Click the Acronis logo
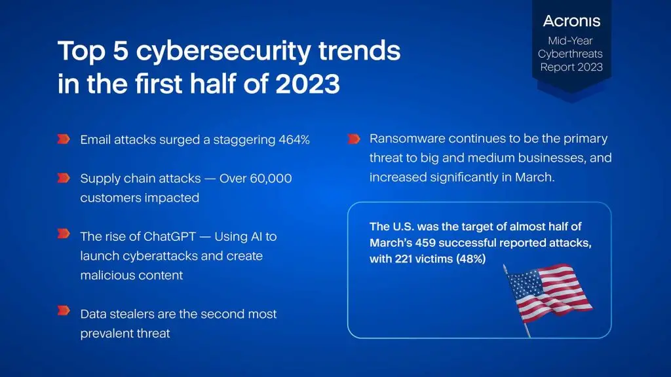click(x=571, y=21)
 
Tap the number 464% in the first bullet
click(x=294, y=140)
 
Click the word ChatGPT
click(x=170, y=236)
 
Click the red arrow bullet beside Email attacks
click(x=64, y=139)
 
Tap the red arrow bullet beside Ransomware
click(x=354, y=139)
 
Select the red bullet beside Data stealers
click(x=64, y=310)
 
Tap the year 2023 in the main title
click(x=308, y=83)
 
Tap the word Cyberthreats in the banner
click(x=571, y=54)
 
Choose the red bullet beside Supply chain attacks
click(x=64, y=178)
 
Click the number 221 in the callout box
click(x=403, y=259)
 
